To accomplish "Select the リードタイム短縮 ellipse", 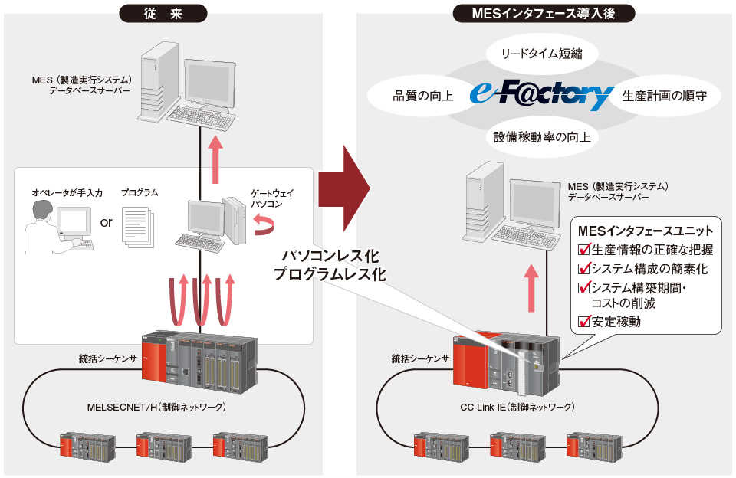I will pos(544,54).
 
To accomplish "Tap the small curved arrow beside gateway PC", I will pos(263,223).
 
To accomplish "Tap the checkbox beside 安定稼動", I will pos(584,322).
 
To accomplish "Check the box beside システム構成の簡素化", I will pos(584,268).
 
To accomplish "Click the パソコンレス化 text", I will pos(330,254).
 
